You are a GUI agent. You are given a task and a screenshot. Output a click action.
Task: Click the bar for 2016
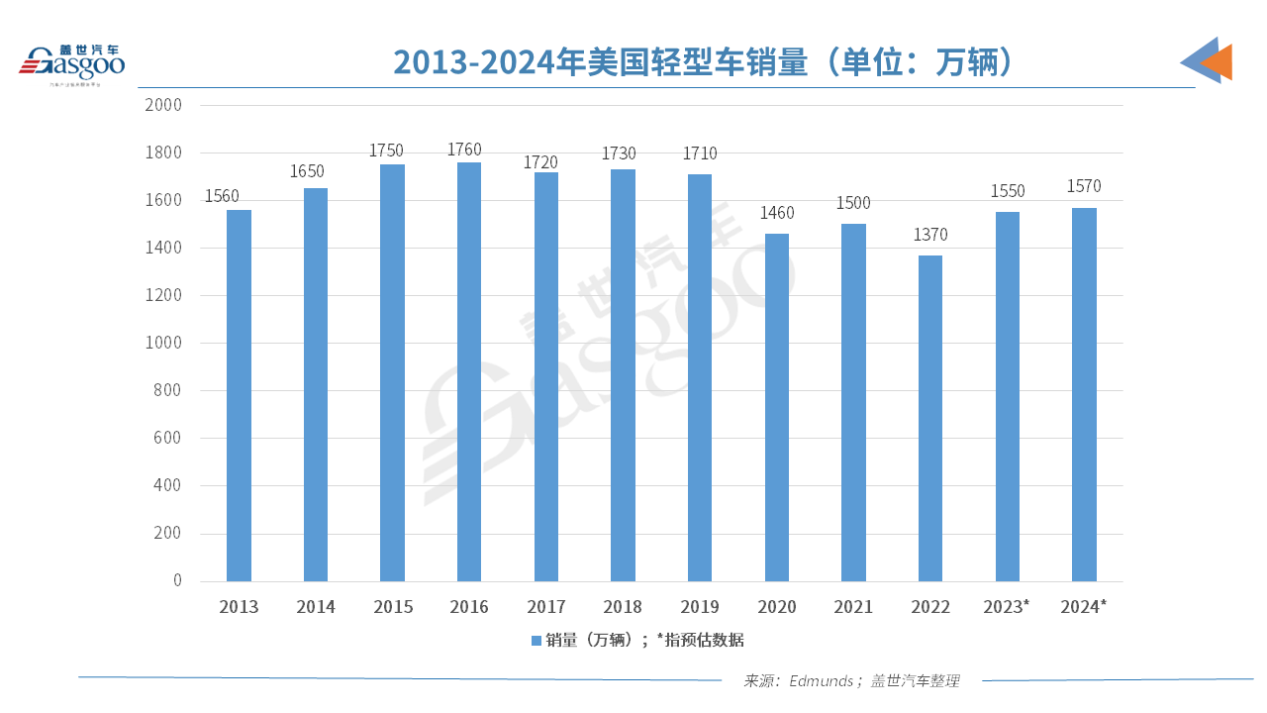[x=469, y=371]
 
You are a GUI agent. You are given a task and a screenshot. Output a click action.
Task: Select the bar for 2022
[x=930, y=418]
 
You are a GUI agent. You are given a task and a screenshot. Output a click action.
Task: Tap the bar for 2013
[x=239, y=395]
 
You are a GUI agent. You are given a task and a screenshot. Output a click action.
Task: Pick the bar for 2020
[x=777, y=407]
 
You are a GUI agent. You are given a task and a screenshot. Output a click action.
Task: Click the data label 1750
[x=387, y=151]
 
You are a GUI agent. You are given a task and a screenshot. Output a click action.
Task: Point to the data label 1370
[x=930, y=235]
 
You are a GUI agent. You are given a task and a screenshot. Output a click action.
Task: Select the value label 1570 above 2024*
[x=1084, y=186]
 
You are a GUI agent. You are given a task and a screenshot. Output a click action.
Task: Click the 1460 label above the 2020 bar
[x=777, y=213]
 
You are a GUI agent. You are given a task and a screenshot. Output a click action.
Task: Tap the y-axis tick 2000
[x=163, y=105]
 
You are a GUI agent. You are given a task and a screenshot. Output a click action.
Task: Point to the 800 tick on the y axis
[x=168, y=390]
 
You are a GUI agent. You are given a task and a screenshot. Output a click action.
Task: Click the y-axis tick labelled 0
[x=178, y=580]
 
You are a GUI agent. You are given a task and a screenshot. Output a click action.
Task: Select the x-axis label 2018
[x=623, y=607]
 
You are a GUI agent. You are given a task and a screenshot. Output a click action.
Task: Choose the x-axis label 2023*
[x=1007, y=607]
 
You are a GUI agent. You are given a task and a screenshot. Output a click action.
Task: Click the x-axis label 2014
[x=316, y=607]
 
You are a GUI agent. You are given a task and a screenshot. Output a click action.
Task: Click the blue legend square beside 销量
[x=536, y=641]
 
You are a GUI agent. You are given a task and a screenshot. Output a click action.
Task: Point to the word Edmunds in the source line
[x=821, y=681]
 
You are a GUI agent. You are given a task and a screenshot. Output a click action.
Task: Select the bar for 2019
[x=700, y=377]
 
